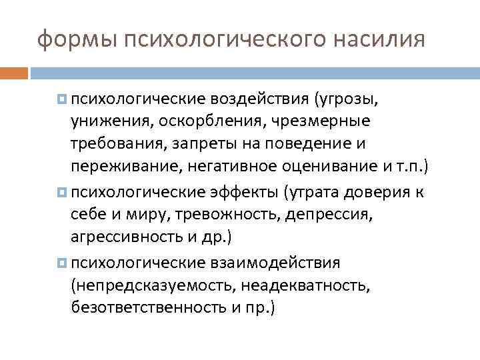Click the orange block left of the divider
tap(14, 72)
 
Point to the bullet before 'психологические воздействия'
tap(62, 99)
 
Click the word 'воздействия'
tap(257, 99)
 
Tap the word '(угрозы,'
tap(345, 99)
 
